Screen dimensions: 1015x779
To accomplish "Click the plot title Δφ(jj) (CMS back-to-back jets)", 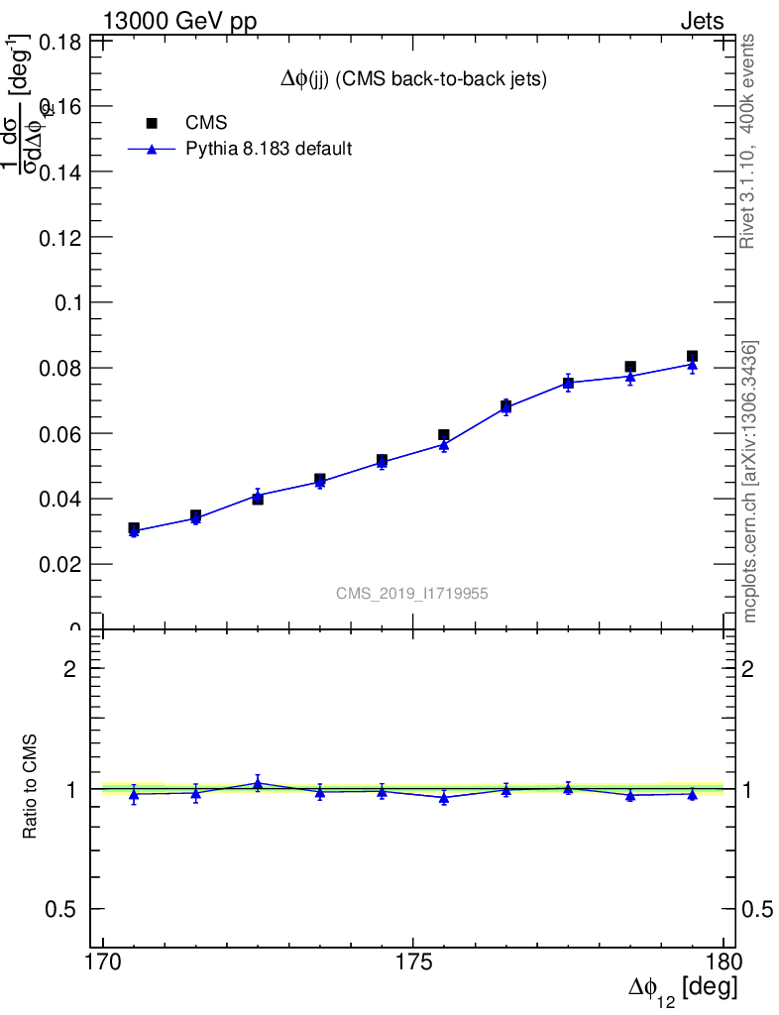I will point(413,80).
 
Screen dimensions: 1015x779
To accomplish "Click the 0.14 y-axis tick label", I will point(58,171).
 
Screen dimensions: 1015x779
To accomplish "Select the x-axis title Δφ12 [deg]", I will point(682,989).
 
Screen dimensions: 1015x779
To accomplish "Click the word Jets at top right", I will point(702,22).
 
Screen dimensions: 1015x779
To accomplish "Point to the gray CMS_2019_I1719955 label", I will point(412,593).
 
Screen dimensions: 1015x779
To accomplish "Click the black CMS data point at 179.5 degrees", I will point(692,356).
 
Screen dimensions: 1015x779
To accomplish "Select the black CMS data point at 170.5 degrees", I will point(134,528).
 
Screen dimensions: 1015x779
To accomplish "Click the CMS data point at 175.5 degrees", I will point(444,435).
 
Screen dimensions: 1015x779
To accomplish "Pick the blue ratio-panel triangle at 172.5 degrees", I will point(258,784).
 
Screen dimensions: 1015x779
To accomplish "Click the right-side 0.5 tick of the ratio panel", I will point(757,909).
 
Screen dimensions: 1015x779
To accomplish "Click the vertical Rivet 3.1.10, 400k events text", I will point(748,141).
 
